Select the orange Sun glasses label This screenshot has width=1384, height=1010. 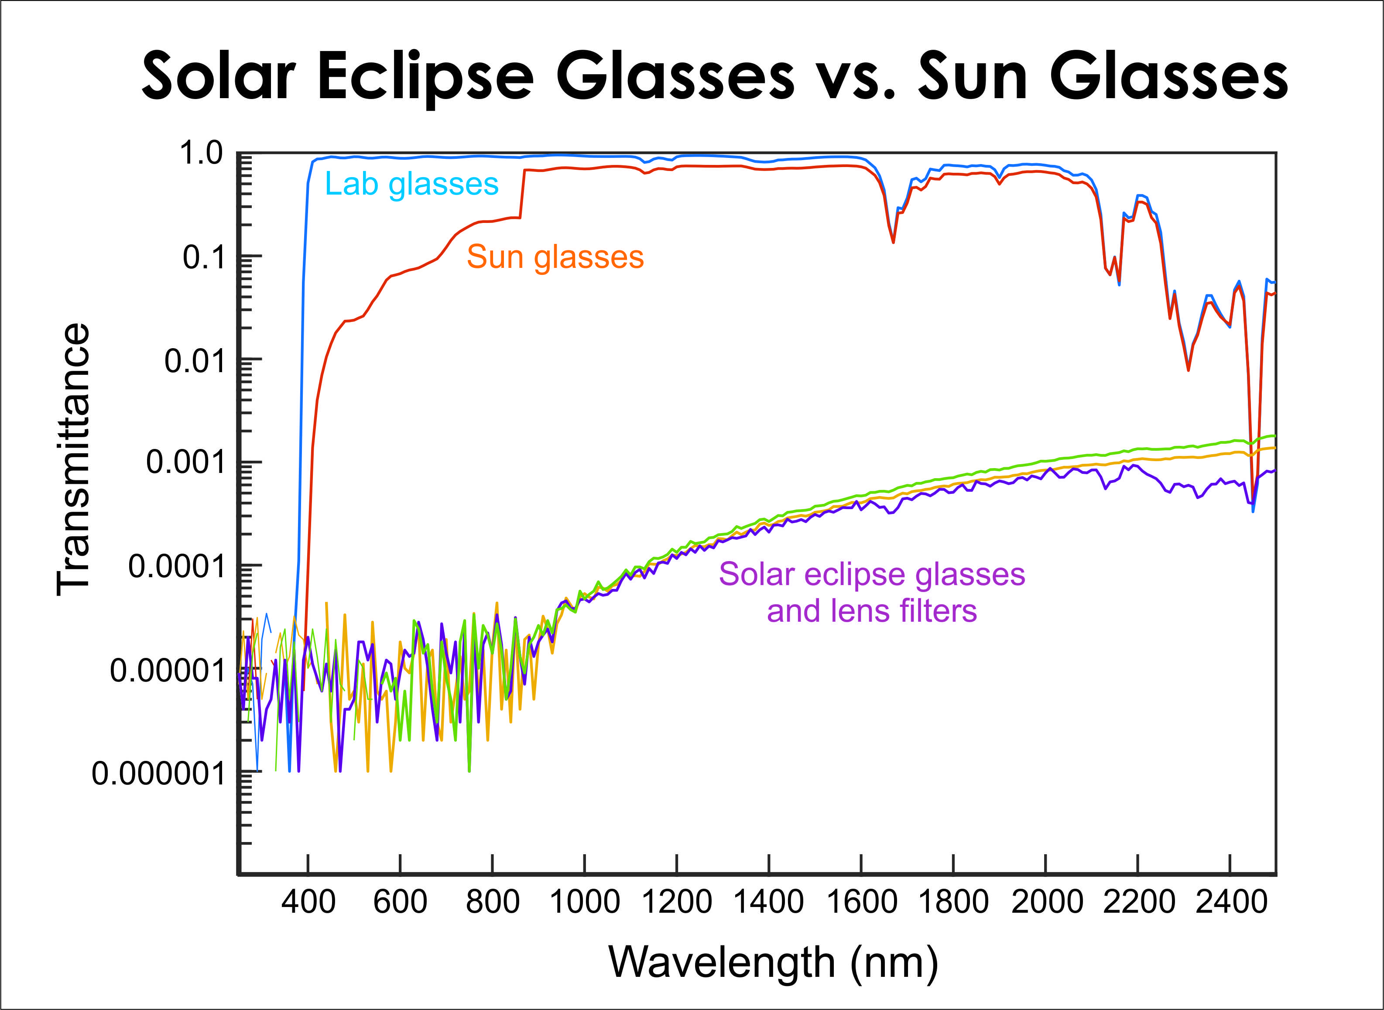click(x=555, y=257)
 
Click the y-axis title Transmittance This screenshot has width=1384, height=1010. click(x=73, y=459)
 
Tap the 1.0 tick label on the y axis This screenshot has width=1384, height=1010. click(x=201, y=153)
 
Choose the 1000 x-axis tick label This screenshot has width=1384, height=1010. click(x=585, y=902)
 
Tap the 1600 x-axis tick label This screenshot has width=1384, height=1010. click(x=862, y=902)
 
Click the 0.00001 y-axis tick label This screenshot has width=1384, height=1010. click(x=168, y=670)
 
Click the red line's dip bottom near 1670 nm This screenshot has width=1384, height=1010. click(x=893, y=242)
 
